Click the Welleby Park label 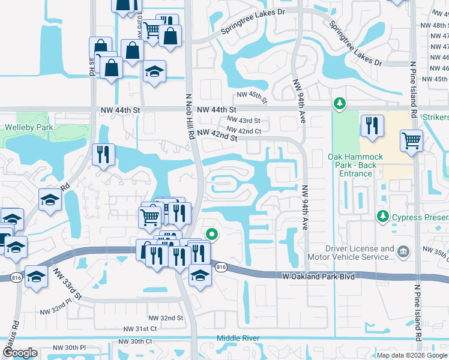[x=29, y=127]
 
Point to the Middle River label [x=238, y=338]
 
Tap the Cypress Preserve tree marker [x=381, y=215]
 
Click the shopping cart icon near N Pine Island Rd [x=412, y=141]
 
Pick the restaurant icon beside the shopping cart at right [x=372, y=126]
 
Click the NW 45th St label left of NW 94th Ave [x=250, y=95]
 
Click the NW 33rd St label [x=67, y=284]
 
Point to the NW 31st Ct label [x=140, y=329]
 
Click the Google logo [x=20, y=353]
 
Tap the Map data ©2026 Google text [x=411, y=355]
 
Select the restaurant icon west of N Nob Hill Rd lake [x=103, y=154]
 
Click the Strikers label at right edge [x=435, y=117]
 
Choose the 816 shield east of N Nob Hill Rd [x=221, y=268]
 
